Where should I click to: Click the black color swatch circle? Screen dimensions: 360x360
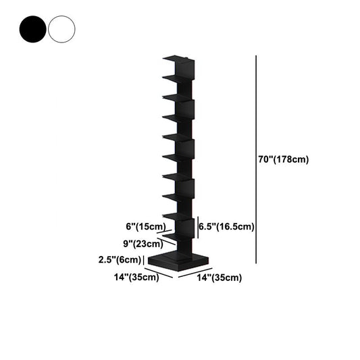(x=33, y=29)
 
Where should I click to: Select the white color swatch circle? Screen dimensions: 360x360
(x=61, y=29)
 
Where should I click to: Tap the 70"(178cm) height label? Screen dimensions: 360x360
(x=284, y=159)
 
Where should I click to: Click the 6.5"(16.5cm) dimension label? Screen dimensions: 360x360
(x=226, y=227)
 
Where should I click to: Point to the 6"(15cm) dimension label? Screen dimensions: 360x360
(x=146, y=227)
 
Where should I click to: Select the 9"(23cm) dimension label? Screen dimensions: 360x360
(x=143, y=244)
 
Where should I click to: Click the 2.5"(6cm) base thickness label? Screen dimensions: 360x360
(x=120, y=259)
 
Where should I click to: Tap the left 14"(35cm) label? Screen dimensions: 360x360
(x=136, y=277)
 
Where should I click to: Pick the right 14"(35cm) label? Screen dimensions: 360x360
(x=220, y=278)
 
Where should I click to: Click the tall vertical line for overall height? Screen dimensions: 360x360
(x=256, y=159)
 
